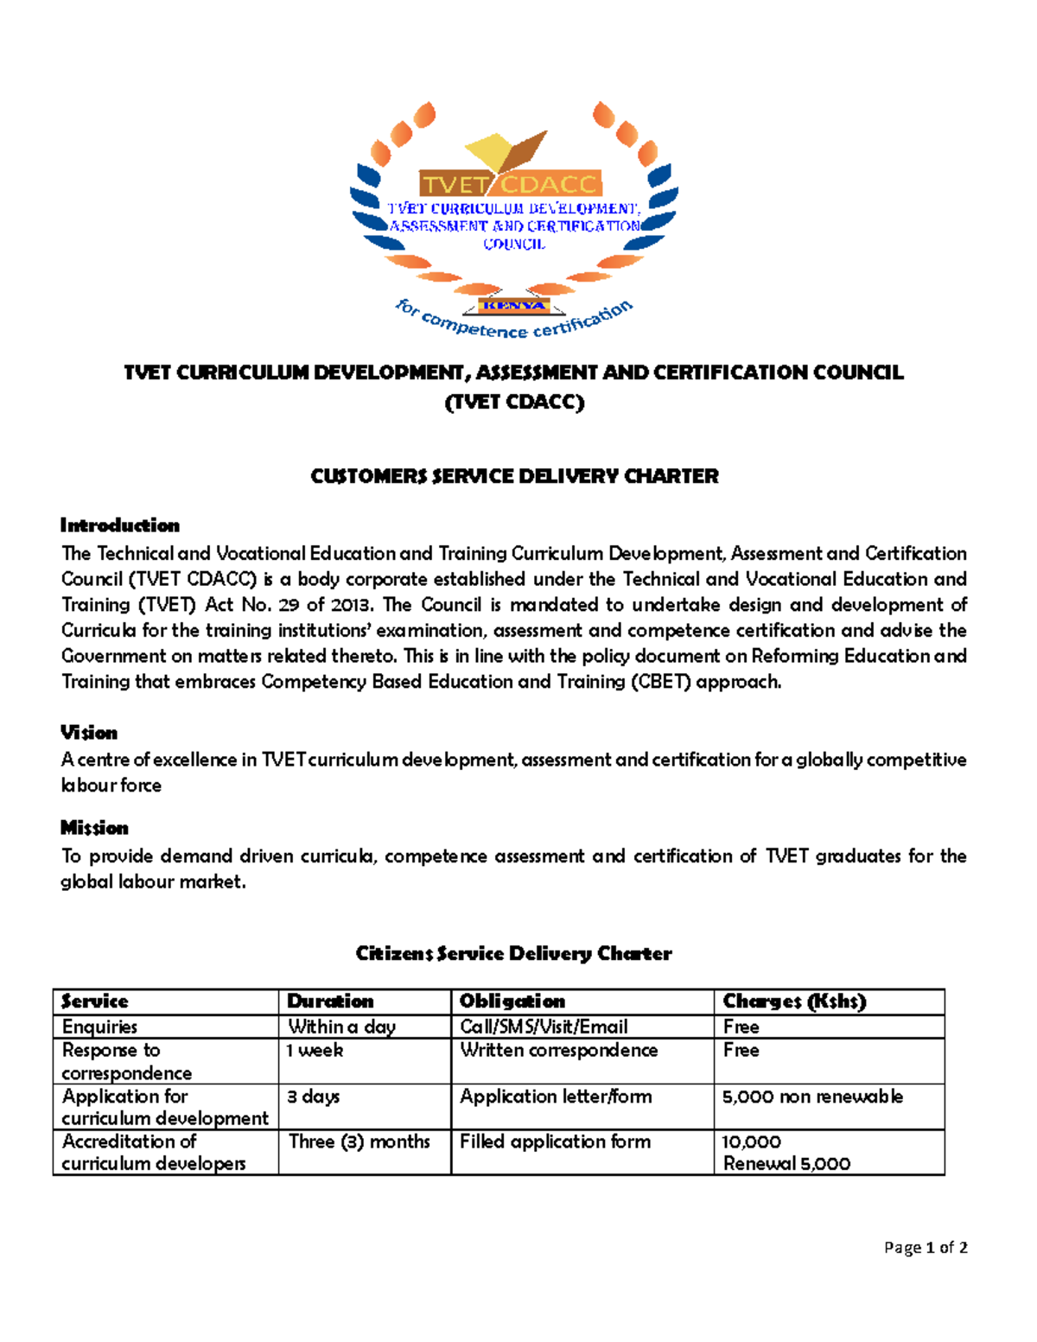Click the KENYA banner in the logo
pos(514,306)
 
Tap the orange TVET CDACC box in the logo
pos(510,184)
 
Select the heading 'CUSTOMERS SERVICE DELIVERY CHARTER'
pos(514,476)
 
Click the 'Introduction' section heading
pos(120,525)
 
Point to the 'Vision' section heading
pos(89,732)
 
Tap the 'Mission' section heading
pos(94,828)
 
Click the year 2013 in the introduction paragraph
pos(350,605)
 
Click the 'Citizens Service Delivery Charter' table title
pos(514,953)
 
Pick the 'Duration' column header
pos(330,1002)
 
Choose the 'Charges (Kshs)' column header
pos(794,1002)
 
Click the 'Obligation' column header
pos(512,1002)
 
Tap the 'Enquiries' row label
pos(100,1027)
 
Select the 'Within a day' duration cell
pos(341,1027)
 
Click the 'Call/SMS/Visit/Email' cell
pos(544,1027)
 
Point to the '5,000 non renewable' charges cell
pos(812,1097)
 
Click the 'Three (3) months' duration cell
pos(359,1142)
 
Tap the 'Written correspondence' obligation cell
pos(558,1050)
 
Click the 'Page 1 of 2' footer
pos(926,1247)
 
